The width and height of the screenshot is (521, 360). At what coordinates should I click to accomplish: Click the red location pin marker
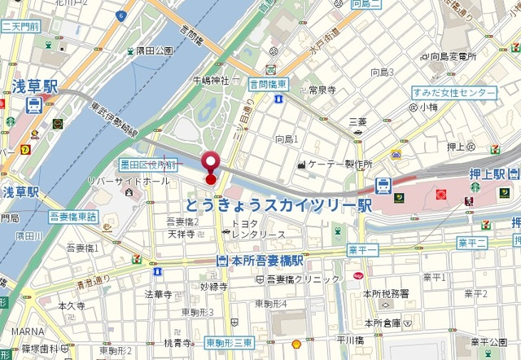tap(211, 163)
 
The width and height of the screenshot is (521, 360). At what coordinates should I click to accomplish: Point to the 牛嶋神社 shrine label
tap(211, 80)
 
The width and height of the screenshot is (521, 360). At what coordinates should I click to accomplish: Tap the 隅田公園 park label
tap(155, 50)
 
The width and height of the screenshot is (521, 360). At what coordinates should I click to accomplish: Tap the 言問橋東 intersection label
tap(268, 84)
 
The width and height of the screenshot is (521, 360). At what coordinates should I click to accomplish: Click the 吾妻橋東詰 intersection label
tap(73, 217)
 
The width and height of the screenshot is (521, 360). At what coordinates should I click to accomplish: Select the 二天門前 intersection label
tap(20, 27)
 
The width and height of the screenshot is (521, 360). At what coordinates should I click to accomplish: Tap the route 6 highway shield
tap(121, 15)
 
